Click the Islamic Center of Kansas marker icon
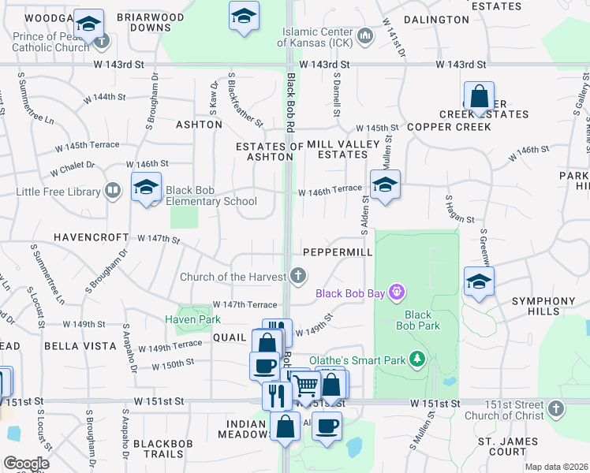click(x=364, y=35)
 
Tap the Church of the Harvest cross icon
click(x=297, y=276)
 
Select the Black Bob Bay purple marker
click(x=396, y=293)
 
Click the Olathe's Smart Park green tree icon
click(x=418, y=360)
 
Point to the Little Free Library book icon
click(x=113, y=191)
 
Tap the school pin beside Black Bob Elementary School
click(x=146, y=188)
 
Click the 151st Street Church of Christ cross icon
click(x=555, y=408)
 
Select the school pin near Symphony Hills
click(x=479, y=282)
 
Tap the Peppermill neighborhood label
click(x=338, y=251)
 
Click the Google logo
click(x=25, y=463)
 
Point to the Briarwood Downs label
click(x=150, y=22)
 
